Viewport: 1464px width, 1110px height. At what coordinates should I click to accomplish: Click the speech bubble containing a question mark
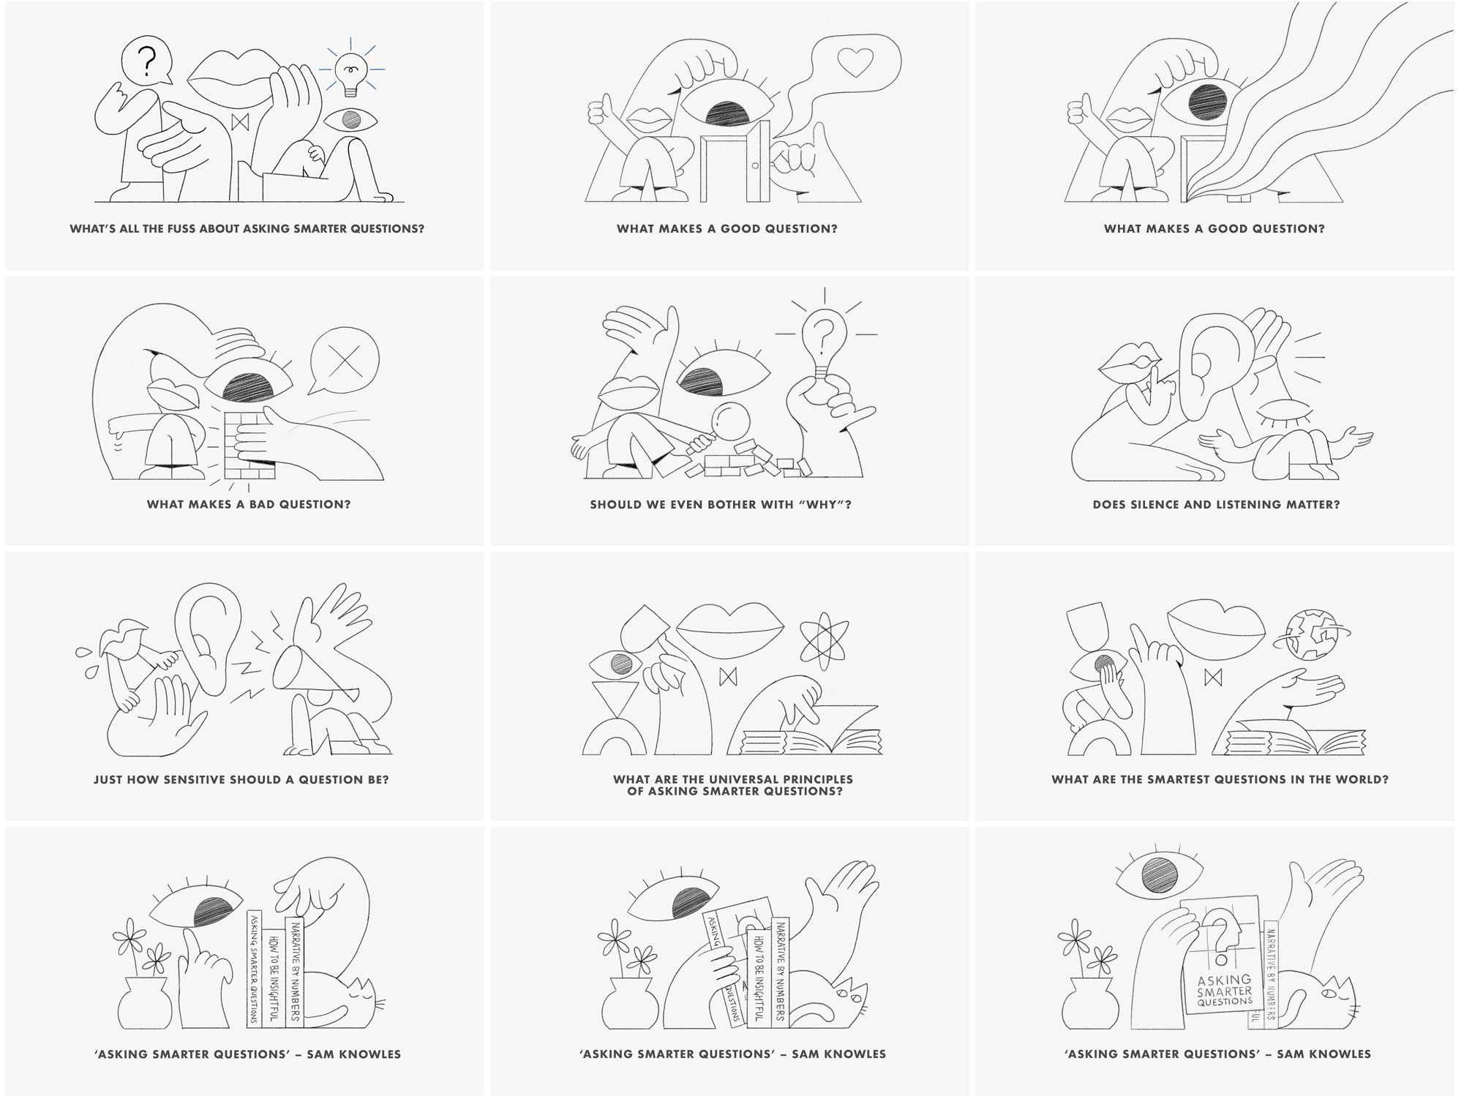coord(146,61)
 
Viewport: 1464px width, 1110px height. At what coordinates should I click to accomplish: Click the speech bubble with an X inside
coord(345,361)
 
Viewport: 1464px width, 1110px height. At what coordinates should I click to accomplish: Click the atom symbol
coord(824,634)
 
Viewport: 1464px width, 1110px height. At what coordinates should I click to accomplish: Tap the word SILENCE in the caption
coord(1157,504)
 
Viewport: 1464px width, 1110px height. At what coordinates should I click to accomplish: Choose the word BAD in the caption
coord(260,504)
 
